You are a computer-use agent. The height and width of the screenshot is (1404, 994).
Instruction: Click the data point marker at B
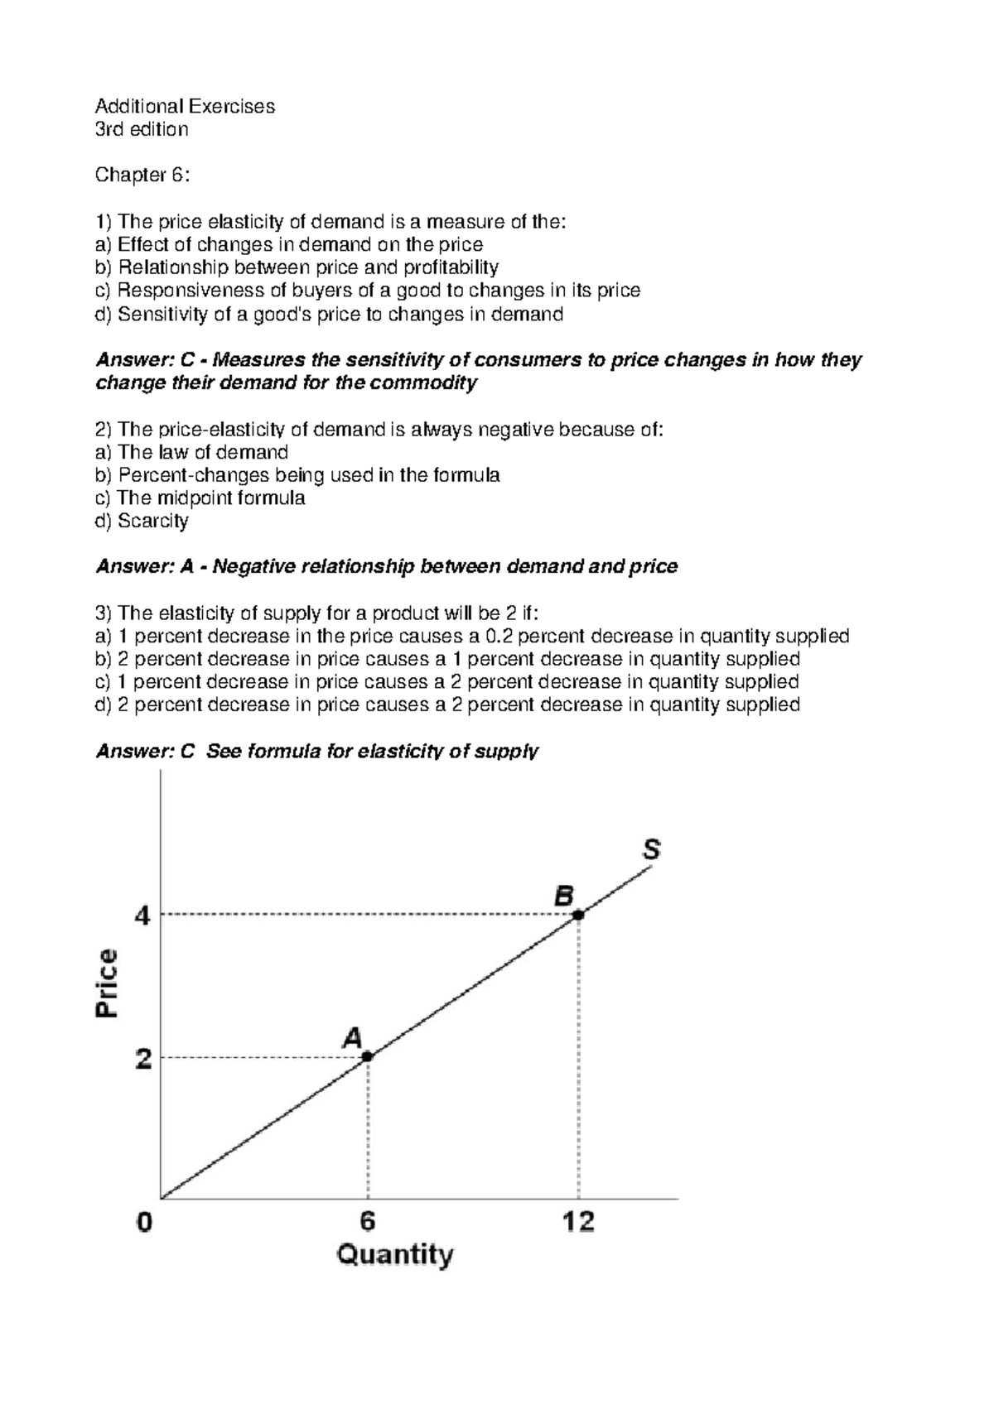578,914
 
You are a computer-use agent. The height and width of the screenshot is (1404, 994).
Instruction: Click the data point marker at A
367,1056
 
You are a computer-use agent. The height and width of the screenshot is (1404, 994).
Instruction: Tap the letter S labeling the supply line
652,850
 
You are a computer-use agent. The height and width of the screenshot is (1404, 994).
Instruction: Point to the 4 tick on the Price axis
144,916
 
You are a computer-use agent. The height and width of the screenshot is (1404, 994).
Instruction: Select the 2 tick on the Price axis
144,1058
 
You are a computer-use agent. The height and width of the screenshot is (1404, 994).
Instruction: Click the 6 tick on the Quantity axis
367,1222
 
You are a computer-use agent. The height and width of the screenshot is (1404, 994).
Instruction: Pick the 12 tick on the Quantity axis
578,1222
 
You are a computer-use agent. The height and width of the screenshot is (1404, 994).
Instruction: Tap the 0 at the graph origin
145,1223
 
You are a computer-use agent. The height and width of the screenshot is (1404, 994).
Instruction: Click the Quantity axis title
395,1255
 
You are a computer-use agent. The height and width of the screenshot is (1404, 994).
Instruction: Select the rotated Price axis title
108,983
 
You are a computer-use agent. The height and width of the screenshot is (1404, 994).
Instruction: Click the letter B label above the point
564,895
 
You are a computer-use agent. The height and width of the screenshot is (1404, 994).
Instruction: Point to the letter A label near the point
353,1037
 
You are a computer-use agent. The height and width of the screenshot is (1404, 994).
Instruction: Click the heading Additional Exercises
185,106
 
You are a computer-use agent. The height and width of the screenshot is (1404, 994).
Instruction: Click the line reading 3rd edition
142,129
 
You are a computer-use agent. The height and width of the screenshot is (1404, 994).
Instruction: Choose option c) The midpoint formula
200,498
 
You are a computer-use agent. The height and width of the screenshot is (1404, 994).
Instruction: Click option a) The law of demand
192,452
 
